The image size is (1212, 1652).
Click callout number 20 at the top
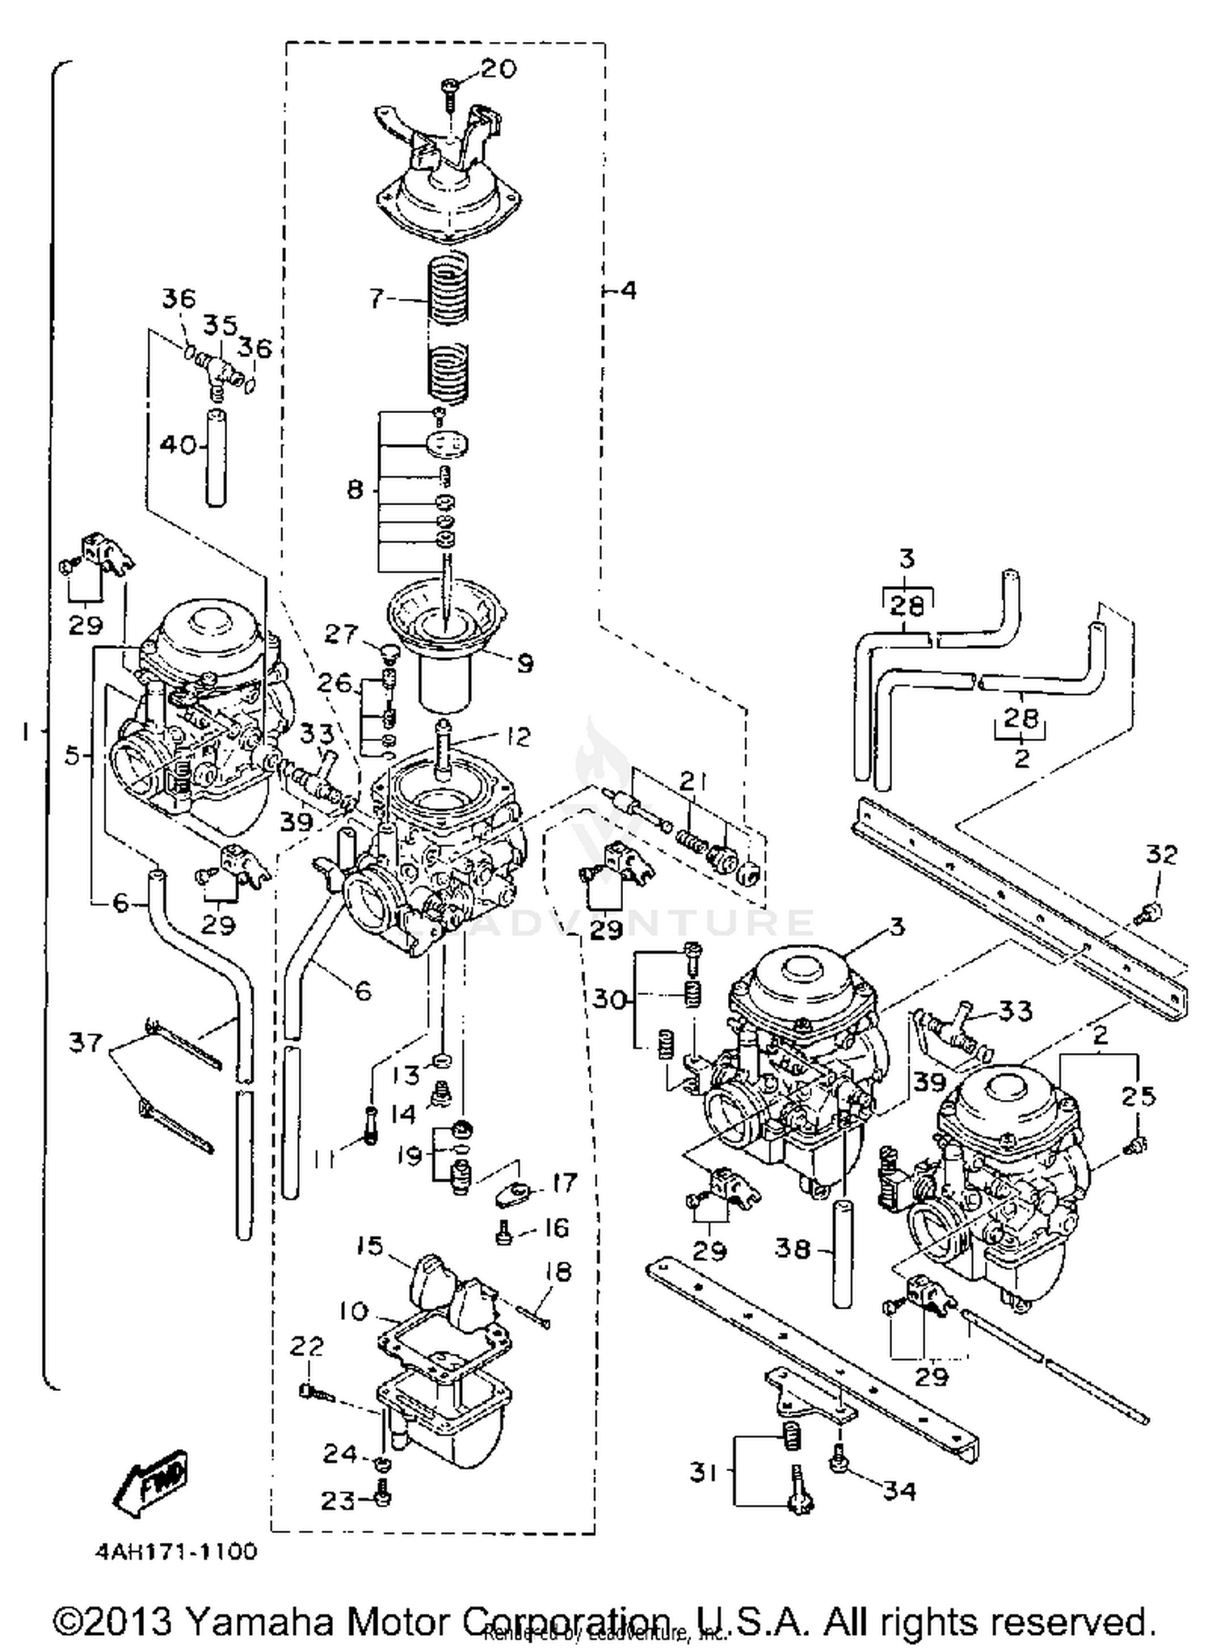498,69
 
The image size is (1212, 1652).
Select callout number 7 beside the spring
376,299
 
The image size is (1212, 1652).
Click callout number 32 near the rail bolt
1162,854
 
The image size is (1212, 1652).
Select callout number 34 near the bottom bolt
898,1490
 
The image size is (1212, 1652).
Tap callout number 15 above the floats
370,1245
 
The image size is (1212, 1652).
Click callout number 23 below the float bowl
339,1500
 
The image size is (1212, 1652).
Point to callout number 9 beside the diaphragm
524,664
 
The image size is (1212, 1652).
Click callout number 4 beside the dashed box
628,289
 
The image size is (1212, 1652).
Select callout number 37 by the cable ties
86,1043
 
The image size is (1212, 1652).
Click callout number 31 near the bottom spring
703,1473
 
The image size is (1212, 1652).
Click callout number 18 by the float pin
558,1271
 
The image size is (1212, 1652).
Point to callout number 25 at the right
1138,1097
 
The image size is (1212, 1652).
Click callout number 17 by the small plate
563,1182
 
